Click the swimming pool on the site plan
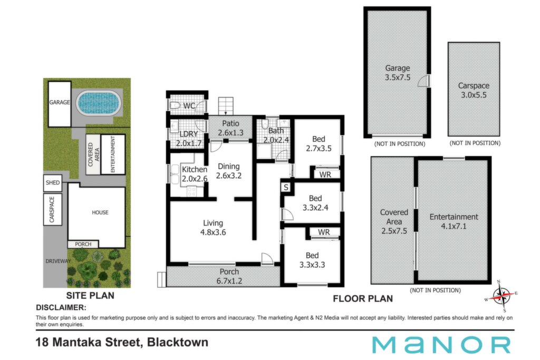coord(99,103)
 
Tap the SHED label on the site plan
coord(53,183)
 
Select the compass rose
coord(502,296)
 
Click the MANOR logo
coord(441,345)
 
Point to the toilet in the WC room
coord(175,105)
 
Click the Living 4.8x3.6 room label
coord(213,228)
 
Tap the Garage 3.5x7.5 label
coord(398,73)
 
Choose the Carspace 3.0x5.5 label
coord(474,90)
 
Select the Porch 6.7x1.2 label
coord(229,276)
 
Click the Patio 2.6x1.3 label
coord(230,128)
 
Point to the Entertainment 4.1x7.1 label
coord(454,221)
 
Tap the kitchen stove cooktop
coord(191,191)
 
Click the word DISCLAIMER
coord(61,307)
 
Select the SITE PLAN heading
coord(90,295)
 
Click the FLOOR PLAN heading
coord(363,298)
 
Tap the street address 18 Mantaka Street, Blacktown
coord(122,342)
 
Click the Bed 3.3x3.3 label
coord(312,260)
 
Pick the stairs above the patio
coord(226,105)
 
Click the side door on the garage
coord(424,81)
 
